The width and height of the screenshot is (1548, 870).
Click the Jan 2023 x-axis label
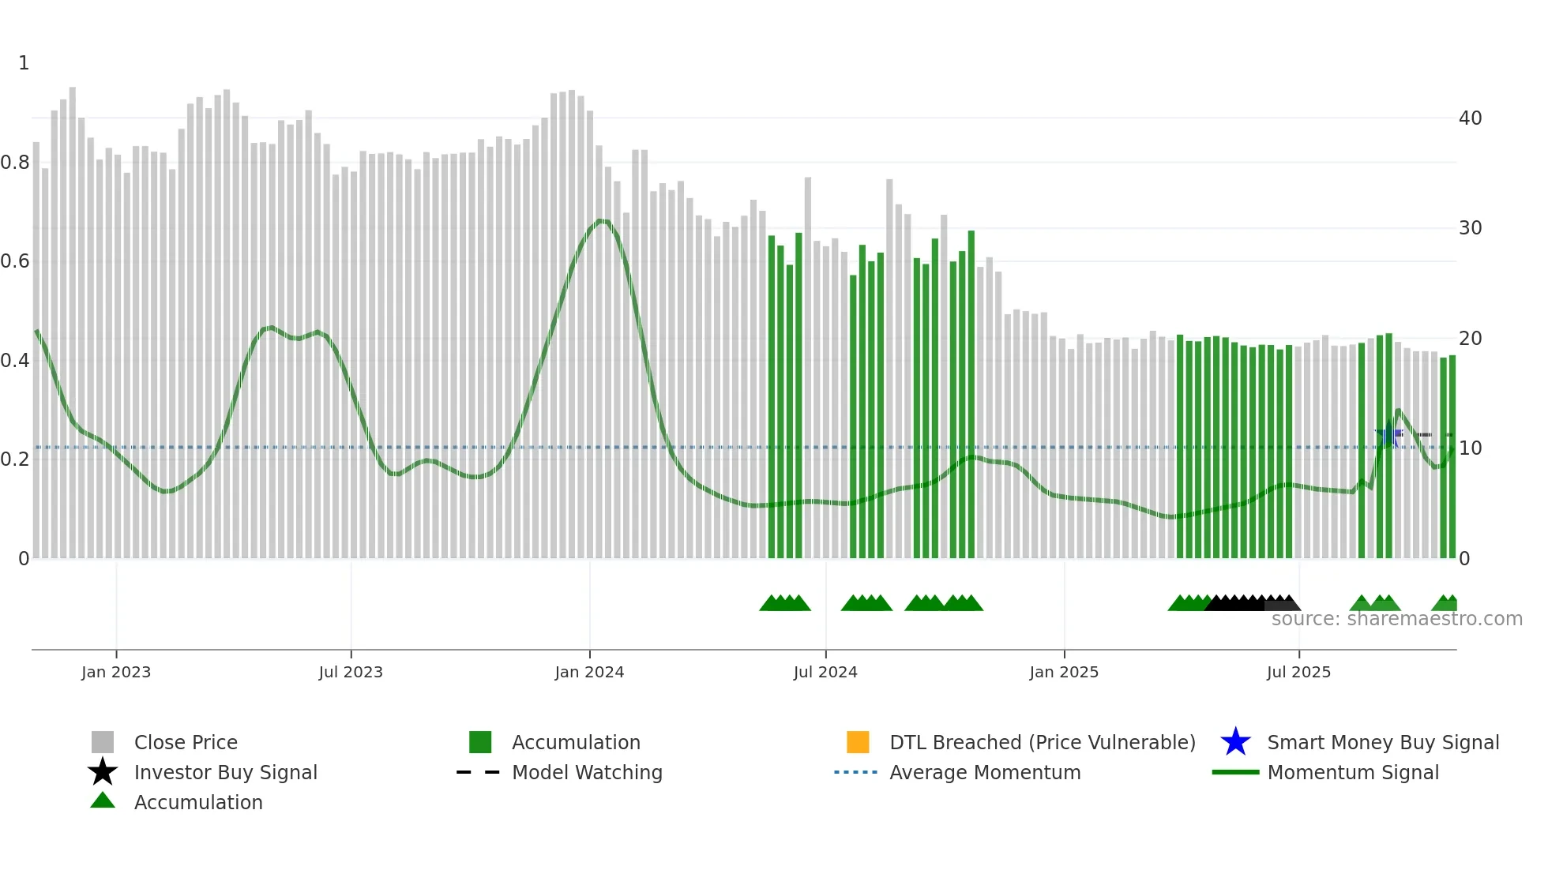tap(115, 672)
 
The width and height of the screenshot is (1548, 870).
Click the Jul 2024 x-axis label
tap(825, 672)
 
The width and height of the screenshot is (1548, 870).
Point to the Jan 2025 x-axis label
tap(1063, 672)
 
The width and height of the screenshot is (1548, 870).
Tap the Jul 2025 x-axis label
tap(1298, 672)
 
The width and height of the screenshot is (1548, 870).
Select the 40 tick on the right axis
tap(1470, 118)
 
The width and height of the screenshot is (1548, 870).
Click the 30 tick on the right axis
tap(1470, 228)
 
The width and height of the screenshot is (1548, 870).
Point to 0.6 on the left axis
tap(15, 261)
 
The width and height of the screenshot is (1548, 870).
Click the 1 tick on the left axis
tap(24, 63)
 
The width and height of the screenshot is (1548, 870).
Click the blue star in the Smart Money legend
tap(1235, 742)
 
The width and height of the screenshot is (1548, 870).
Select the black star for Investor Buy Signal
tap(103, 772)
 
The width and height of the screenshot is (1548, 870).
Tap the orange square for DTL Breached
tap(858, 742)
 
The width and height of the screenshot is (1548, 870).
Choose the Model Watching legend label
tap(587, 772)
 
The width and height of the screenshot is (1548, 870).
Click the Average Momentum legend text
tap(985, 772)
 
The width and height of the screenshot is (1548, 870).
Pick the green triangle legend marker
tap(103, 801)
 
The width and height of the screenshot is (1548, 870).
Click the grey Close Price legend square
tap(103, 742)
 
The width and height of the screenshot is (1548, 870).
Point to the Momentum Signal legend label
tap(1353, 772)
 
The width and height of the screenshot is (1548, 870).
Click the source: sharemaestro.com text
tap(1396, 619)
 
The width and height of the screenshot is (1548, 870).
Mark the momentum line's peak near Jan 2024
tap(602, 220)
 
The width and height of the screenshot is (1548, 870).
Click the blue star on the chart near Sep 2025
tap(1388, 433)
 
